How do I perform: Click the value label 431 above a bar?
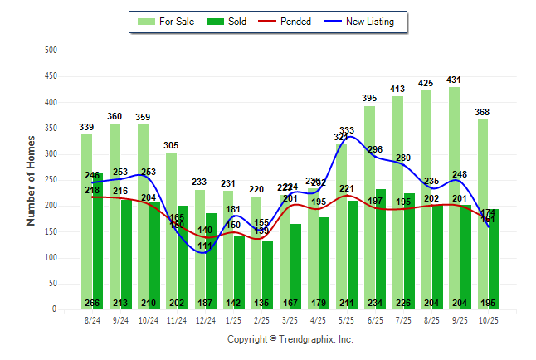(454, 80)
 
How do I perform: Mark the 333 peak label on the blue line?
(347, 130)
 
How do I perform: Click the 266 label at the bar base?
(92, 303)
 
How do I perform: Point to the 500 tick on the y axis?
(51, 51)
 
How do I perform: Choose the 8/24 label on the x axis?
(92, 319)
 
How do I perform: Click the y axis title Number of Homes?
(31, 180)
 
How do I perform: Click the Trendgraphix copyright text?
(290, 339)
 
